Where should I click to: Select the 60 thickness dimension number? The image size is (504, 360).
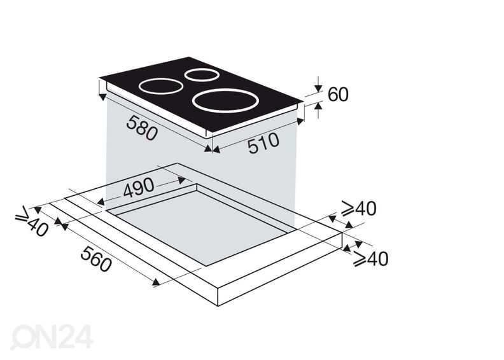click(x=338, y=95)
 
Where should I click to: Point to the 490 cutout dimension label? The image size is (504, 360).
click(x=138, y=188)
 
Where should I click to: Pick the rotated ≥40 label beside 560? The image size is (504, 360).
click(x=32, y=222)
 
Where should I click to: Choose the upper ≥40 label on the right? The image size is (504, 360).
click(x=359, y=209)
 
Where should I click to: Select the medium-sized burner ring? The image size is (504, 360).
click(x=162, y=86)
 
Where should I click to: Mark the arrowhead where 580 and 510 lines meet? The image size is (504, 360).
click(x=211, y=149)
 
